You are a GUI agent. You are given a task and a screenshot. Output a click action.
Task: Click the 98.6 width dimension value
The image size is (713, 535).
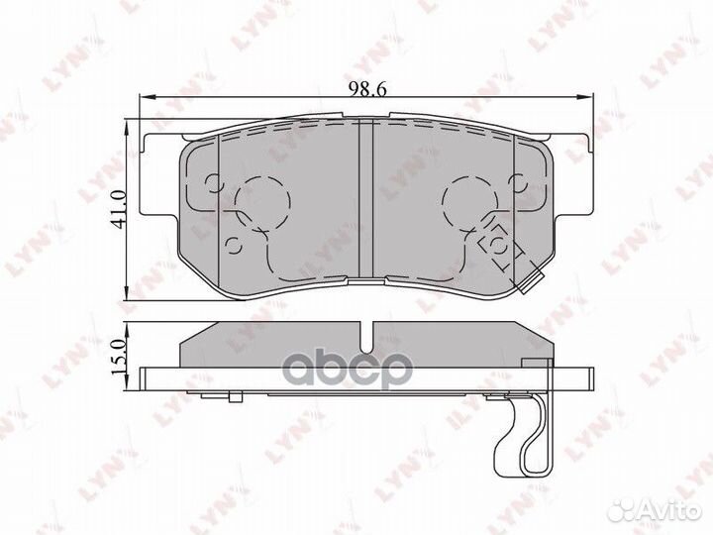tap(367, 89)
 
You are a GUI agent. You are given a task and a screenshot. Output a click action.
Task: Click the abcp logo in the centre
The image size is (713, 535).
tap(349, 368)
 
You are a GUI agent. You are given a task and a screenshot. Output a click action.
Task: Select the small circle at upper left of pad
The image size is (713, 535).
tap(214, 184)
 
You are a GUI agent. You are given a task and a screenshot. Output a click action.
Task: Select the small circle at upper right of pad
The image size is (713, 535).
tap(518, 184)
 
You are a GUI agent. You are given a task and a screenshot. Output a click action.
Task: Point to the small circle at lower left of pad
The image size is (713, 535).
tap(235, 246)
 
